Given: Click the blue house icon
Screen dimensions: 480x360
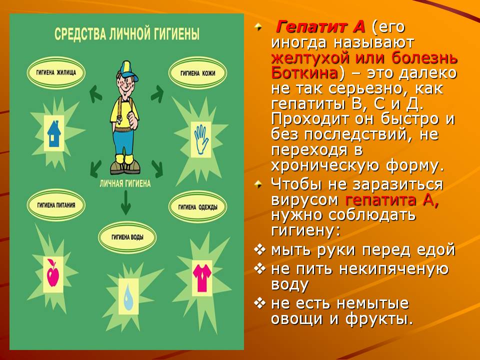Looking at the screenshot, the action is click(54, 133).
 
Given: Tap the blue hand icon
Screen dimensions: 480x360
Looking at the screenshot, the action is click(201, 139).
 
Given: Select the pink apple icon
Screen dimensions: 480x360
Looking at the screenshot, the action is click(53, 273).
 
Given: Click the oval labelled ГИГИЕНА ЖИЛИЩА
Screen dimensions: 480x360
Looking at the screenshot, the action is click(56, 73).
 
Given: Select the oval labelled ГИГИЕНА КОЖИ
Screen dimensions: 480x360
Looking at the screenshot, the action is click(198, 73).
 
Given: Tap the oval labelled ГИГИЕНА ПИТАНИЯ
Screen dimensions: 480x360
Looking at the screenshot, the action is click(56, 205).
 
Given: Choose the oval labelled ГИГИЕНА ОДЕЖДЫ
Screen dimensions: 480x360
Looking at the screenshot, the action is click(198, 207).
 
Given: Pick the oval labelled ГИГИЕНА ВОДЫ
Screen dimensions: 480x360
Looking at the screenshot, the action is click(127, 237).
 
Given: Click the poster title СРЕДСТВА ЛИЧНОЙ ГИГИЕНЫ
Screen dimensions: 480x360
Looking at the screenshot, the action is click(127, 33).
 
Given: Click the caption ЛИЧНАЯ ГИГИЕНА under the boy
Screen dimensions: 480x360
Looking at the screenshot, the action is click(125, 183).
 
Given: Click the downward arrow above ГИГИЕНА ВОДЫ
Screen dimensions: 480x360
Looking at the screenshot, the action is click(125, 202).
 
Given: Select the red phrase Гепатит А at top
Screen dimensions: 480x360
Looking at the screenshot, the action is click(320, 27).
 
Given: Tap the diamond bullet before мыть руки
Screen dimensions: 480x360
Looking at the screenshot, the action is click(259, 250).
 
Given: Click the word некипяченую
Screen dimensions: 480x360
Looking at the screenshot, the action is click(393, 269).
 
